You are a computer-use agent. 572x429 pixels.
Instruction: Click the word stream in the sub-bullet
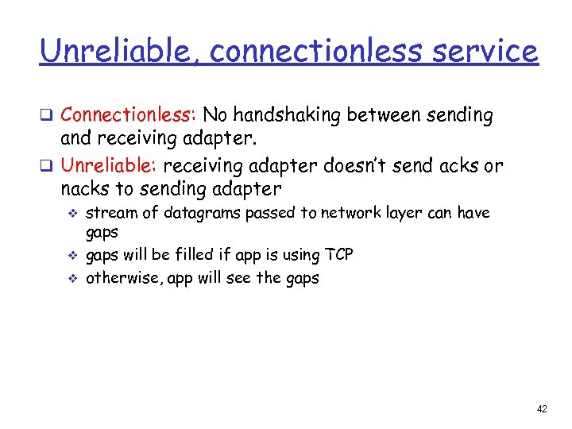pos(108,213)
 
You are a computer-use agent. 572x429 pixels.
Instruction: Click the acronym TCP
pos(338,255)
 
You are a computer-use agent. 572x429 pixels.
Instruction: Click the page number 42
pos(542,408)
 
